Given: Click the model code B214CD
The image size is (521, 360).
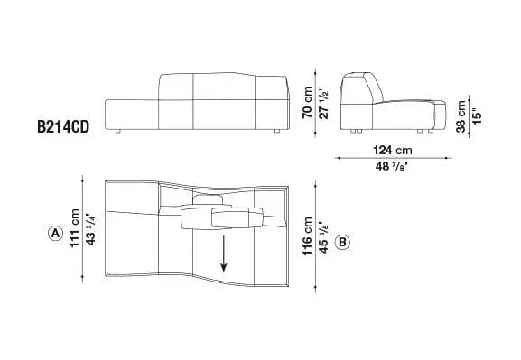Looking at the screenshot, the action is (x=63, y=127).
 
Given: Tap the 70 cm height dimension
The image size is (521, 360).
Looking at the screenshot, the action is (x=307, y=102).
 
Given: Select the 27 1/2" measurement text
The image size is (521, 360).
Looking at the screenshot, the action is (x=323, y=103).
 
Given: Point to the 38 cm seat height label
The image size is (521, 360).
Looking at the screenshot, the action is (x=461, y=116).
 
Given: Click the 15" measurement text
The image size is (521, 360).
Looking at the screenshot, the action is (x=476, y=115).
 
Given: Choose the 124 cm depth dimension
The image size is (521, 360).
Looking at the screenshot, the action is (x=393, y=150).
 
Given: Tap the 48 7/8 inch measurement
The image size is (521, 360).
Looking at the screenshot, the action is (x=392, y=166).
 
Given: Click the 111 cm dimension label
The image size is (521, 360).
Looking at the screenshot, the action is (x=75, y=228).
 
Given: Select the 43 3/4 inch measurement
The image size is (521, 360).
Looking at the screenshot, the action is (x=90, y=229).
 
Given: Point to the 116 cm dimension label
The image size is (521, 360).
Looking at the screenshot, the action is (x=307, y=236).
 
